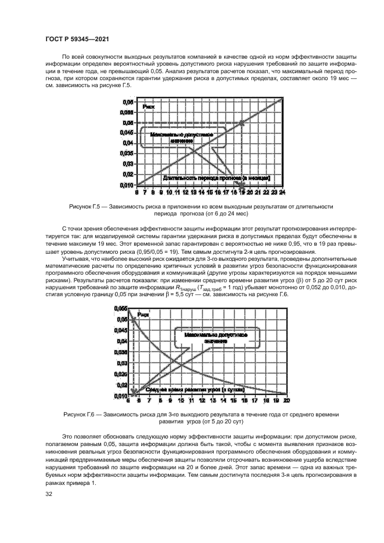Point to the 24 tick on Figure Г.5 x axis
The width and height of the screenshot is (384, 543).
282,191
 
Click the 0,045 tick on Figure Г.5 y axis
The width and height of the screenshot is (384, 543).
125,133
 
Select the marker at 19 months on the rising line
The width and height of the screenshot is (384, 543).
242,123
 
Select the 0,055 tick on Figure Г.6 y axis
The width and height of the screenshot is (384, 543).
120,308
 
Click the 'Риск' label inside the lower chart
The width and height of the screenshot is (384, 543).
143,315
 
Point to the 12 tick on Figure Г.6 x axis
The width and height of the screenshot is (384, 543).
202,401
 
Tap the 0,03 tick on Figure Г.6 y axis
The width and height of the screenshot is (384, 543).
121,363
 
